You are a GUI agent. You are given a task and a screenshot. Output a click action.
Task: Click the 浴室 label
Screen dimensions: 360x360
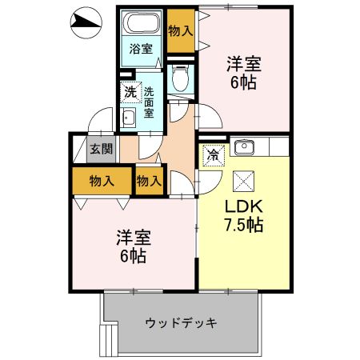pyautogui.click(x=141, y=49)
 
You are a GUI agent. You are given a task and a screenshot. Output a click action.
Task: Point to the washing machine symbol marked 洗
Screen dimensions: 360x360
pyautogui.click(x=130, y=91)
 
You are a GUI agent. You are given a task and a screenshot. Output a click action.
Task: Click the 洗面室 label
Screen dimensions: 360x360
pyautogui.click(x=150, y=102)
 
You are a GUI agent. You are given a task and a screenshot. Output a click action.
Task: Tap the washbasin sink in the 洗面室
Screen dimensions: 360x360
pyautogui.click(x=128, y=119)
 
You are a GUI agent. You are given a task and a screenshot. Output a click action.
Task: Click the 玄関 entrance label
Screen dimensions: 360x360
pyautogui.click(x=101, y=149)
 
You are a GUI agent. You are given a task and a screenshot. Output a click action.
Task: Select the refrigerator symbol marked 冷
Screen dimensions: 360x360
pyautogui.click(x=214, y=154)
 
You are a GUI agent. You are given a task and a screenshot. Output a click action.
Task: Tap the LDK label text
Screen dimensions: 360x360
pyautogui.click(x=242, y=206)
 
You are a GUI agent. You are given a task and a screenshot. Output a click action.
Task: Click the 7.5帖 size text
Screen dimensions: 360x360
pyautogui.click(x=242, y=225)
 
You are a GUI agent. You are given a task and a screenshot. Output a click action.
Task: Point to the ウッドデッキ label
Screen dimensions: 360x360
pyautogui.click(x=182, y=323)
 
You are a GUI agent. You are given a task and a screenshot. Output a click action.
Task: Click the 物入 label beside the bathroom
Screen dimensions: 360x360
pyautogui.click(x=181, y=30)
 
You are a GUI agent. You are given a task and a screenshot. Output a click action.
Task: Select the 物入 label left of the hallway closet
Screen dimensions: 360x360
pyautogui.click(x=101, y=181)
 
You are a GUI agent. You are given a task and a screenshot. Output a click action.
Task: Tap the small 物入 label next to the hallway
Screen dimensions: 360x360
pyautogui.click(x=149, y=181)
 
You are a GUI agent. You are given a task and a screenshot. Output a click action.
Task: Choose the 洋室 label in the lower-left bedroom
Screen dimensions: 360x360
pyautogui.click(x=134, y=238)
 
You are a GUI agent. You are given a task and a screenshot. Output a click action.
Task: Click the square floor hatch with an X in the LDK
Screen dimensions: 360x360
pyautogui.click(x=242, y=179)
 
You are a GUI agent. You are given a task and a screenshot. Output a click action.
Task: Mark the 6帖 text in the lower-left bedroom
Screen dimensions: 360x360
pyautogui.click(x=134, y=258)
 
